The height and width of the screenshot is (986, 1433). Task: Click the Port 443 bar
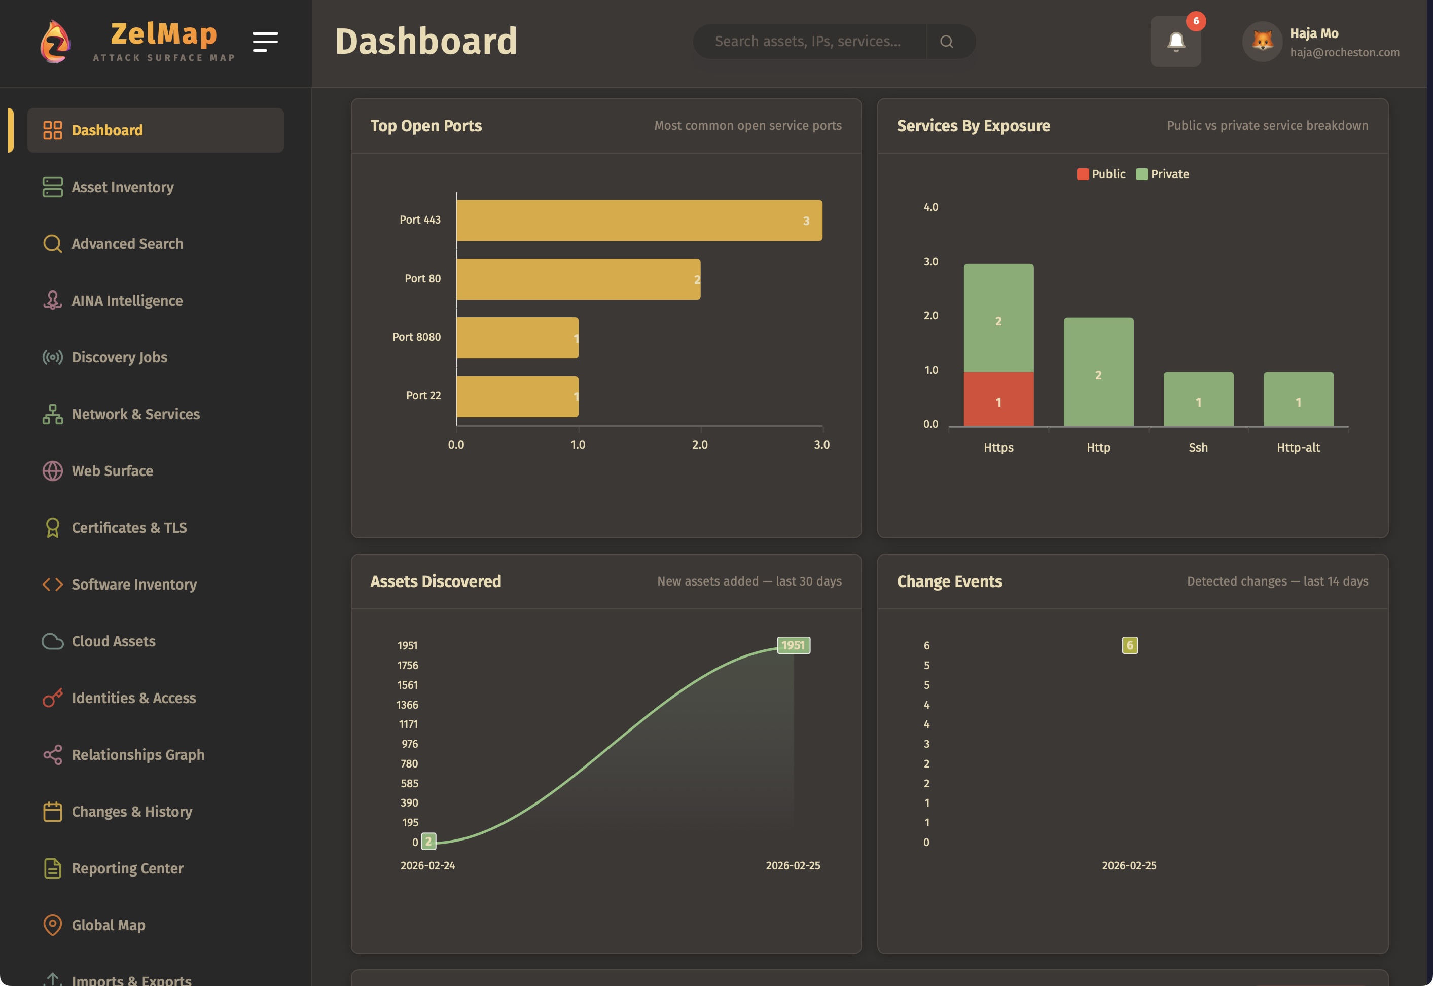(638, 221)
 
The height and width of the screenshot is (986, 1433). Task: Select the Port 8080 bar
(517, 338)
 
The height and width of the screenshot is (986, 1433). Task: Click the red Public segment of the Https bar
(998, 399)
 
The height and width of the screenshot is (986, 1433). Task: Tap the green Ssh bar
(1198, 399)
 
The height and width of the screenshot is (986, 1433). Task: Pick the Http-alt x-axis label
(1298, 447)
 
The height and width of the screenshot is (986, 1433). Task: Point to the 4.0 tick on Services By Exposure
(930, 207)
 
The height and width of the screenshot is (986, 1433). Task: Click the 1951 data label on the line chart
(793, 645)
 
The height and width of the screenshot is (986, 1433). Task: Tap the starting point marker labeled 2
(428, 841)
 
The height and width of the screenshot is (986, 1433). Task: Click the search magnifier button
(946, 42)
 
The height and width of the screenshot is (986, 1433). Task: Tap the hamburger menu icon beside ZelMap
(265, 42)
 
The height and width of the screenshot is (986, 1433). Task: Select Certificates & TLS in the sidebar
(129, 528)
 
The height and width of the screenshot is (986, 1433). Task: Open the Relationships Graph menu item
(138, 754)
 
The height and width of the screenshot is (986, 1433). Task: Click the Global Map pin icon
(53, 924)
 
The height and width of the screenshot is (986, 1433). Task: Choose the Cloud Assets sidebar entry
(114, 641)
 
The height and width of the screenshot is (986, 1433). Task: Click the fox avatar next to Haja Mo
(1262, 42)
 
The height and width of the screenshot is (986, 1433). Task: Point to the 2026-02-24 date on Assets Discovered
(427, 865)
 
